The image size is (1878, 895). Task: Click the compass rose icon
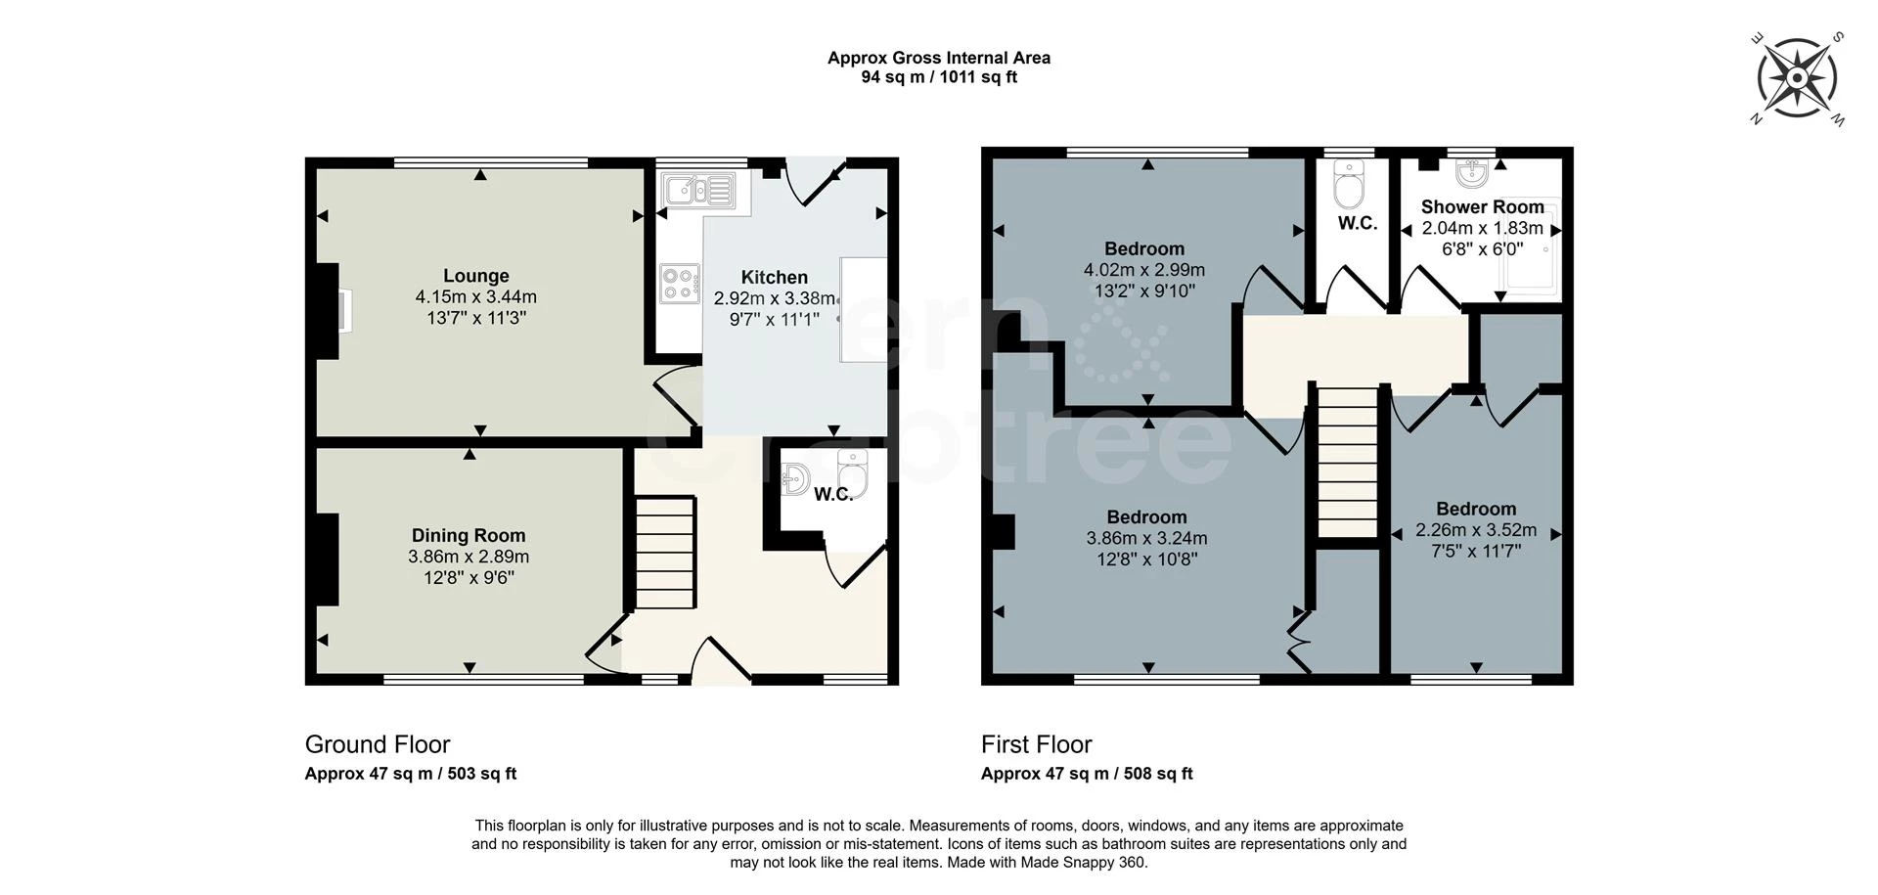click(1797, 78)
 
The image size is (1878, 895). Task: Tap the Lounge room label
click(475, 276)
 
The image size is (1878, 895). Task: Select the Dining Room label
click(469, 535)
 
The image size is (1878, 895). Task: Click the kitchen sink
click(698, 190)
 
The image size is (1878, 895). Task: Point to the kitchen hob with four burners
click(679, 284)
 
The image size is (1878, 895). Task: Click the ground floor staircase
click(666, 553)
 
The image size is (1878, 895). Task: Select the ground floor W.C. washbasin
click(794, 478)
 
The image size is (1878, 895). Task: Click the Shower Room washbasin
click(1471, 172)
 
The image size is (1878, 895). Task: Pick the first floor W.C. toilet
click(1349, 183)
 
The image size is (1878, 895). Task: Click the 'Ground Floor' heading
click(378, 744)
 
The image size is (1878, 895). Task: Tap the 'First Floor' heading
click(1037, 744)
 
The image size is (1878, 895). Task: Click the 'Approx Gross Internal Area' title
click(939, 58)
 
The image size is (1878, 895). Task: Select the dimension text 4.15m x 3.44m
click(476, 296)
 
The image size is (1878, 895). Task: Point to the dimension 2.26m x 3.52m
click(1476, 530)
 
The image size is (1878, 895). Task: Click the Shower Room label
click(1482, 207)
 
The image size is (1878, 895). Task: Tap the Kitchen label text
click(774, 278)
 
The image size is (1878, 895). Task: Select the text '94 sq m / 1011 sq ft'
click(939, 77)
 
